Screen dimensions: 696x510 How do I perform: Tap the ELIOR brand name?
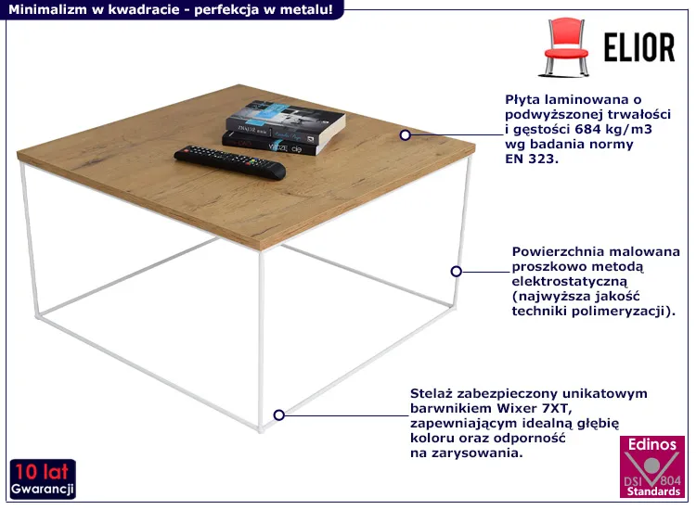(x=638, y=47)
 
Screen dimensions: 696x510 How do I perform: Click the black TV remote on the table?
(x=230, y=162)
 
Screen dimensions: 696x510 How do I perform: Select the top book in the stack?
(x=286, y=119)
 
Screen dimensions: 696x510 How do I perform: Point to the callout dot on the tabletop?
(x=405, y=134)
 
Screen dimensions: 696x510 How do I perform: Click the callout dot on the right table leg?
(x=456, y=271)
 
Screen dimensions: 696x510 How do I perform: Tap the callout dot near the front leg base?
(x=278, y=414)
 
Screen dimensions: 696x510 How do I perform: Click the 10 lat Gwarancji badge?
(x=43, y=479)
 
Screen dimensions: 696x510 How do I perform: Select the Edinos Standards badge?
(x=652, y=466)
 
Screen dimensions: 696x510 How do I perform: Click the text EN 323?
(x=532, y=159)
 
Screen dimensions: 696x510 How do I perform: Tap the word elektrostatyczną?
(x=570, y=282)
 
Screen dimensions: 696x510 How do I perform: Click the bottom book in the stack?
(x=276, y=143)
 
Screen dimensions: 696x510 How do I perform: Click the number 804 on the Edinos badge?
(x=670, y=480)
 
